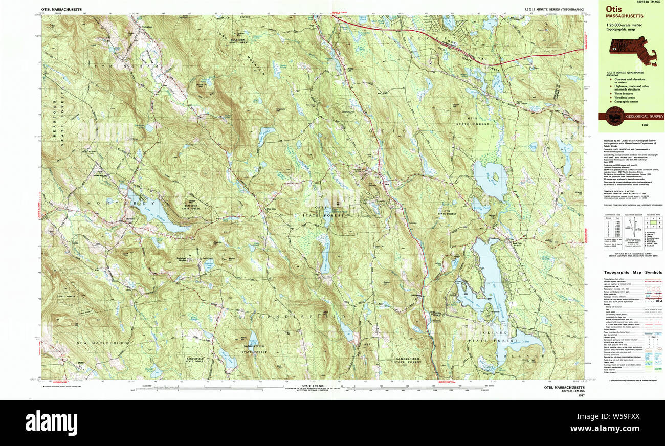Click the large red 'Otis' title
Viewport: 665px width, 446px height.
pyautogui.click(x=613, y=9)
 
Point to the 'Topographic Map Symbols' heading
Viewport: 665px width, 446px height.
pyautogui.click(x=633, y=273)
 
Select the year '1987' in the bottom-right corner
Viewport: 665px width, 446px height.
pyautogui.click(x=580, y=396)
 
